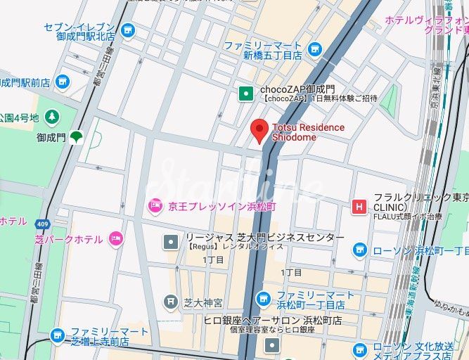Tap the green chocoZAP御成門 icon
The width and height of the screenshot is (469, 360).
point(245,93)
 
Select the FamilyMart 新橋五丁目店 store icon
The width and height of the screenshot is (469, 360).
point(314,49)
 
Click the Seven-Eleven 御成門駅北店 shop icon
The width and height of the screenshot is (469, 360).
point(127,30)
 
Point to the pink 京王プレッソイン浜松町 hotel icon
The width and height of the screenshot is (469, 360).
point(154,206)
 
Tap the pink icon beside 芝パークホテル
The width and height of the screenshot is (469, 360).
point(115,239)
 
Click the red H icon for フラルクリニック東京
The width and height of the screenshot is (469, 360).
point(359,206)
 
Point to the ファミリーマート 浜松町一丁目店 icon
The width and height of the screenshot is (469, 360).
point(263,299)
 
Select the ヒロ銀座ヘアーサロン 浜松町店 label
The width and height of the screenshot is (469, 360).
point(273,320)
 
